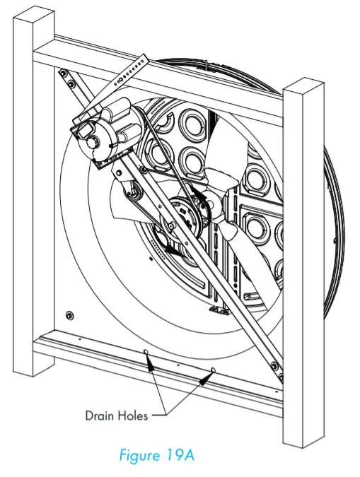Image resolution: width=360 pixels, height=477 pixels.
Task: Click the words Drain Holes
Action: coord(117,416)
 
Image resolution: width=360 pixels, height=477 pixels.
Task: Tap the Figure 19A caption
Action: coord(160,455)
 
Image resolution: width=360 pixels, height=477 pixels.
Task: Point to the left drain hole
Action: coord(146,351)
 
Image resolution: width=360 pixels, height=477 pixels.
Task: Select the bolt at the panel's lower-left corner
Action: coord(69,314)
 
